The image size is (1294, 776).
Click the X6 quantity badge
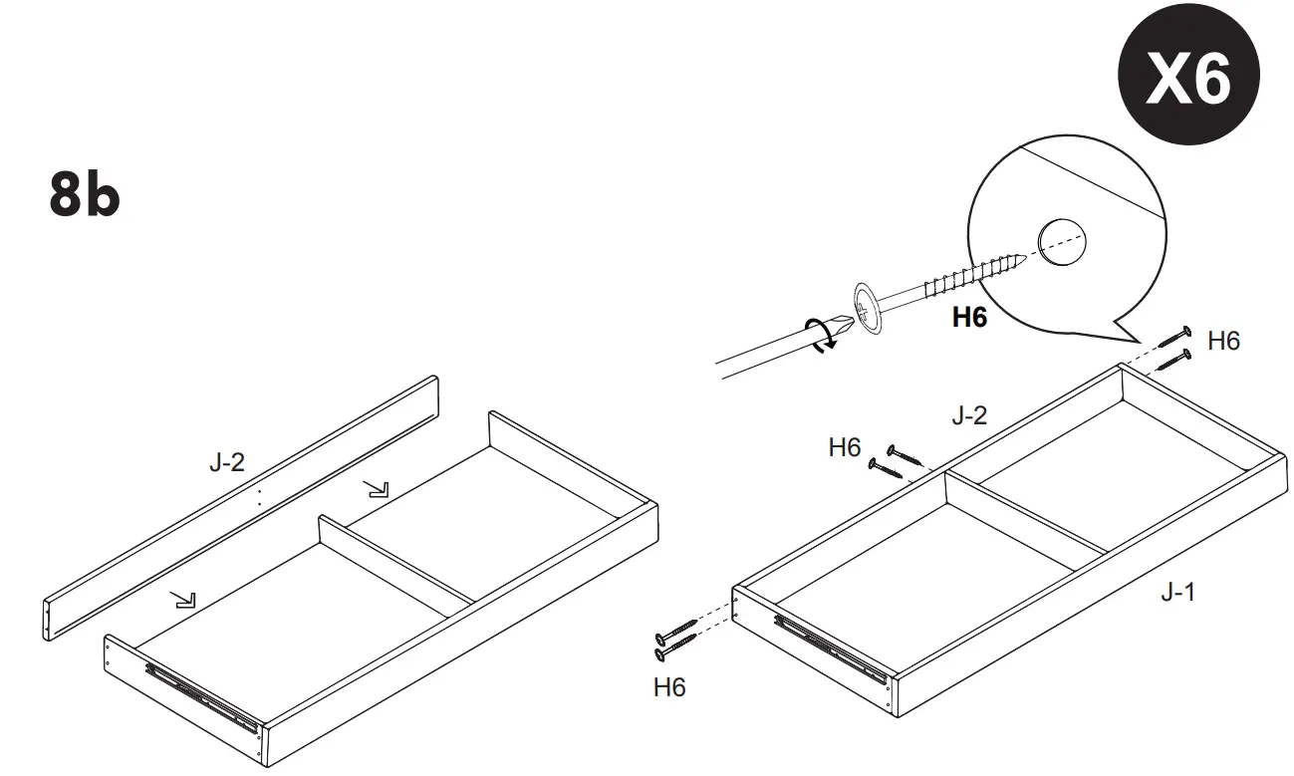[x=1187, y=79]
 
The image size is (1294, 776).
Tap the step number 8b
[x=85, y=194]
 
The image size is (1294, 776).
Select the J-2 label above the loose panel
[x=226, y=462]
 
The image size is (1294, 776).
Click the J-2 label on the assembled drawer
[x=968, y=415]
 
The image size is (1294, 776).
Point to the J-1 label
[x=1177, y=593]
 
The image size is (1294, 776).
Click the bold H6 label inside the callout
[x=968, y=318]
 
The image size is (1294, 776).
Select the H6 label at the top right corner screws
[x=1223, y=341]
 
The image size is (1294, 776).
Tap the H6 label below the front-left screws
[x=668, y=687]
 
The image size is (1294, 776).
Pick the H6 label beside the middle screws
[x=844, y=448]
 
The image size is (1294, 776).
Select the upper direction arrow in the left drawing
[x=377, y=487]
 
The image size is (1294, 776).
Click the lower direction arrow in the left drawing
[x=182, y=598]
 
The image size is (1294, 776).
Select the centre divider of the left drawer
[x=398, y=558]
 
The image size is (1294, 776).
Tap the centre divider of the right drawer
[x=1026, y=517]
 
